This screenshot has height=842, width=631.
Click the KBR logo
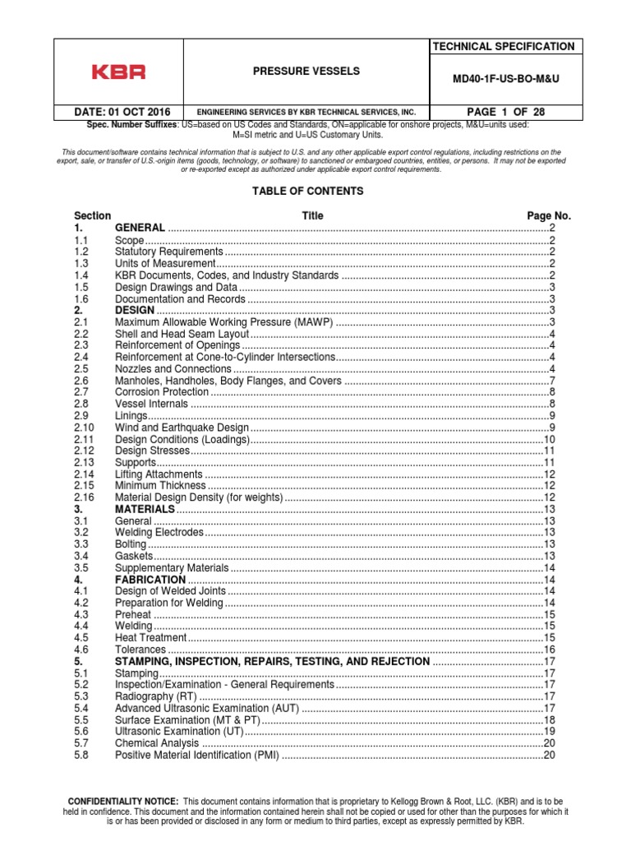coord(118,72)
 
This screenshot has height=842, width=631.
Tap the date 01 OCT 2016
coord(117,112)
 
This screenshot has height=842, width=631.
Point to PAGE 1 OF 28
coord(504,112)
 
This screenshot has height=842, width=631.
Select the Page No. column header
coord(548,215)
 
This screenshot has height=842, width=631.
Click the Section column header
coord(92,215)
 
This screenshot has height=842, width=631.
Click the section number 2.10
coord(85,428)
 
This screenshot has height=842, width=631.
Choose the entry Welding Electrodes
coord(159,533)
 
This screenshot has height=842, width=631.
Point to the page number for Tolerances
coord(550,650)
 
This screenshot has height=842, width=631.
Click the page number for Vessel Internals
coord(553,404)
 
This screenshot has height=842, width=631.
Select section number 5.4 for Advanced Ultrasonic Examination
coord(81,708)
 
